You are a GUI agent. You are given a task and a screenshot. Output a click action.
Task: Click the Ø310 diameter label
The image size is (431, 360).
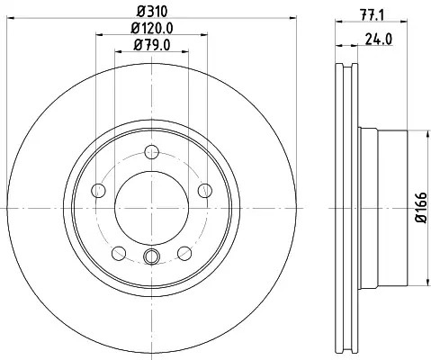click(x=152, y=12)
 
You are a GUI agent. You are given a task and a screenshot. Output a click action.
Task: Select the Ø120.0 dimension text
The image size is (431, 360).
click(x=152, y=29)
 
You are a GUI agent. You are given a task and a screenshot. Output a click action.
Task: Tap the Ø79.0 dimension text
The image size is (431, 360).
click(x=152, y=45)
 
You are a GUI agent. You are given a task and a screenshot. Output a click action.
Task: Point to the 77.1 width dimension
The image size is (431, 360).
click(x=372, y=15)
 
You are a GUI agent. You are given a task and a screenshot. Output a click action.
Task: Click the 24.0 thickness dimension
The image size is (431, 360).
click(x=379, y=40)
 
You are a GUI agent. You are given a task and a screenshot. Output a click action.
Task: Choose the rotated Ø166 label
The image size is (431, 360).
click(x=421, y=207)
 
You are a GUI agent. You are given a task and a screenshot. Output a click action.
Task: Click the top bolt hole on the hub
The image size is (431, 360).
click(x=151, y=152)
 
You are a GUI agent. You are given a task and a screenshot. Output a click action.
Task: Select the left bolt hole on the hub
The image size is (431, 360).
click(x=98, y=191)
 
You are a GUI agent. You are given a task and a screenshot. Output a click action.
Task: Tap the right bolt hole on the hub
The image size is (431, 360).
click(x=205, y=191)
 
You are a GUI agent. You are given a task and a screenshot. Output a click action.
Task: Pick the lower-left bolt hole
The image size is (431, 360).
click(x=119, y=253)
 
